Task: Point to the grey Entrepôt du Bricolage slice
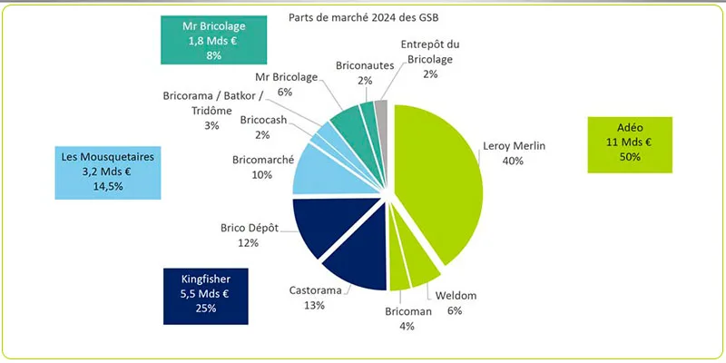382,113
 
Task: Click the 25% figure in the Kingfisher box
207,310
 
